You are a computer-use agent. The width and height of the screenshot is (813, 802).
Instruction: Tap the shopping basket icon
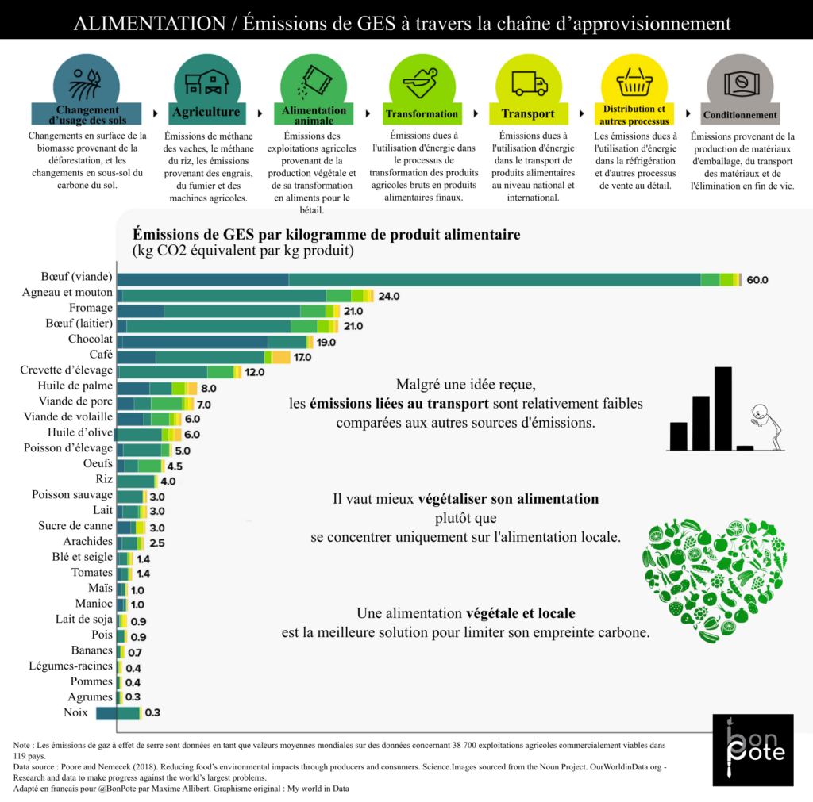pyautogui.click(x=634, y=82)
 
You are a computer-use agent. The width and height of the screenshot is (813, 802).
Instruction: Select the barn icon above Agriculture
pyautogui.click(x=206, y=82)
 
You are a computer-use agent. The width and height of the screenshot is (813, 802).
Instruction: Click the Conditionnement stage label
pyautogui.click(x=740, y=115)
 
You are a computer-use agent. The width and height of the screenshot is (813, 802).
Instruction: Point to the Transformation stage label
pyautogui.click(x=422, y=114)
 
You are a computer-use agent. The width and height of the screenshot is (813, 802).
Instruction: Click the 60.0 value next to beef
pyautogui.click(x=757, y=280)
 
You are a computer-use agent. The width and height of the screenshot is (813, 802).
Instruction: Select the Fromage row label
pyautogui.click(x=90, y=309)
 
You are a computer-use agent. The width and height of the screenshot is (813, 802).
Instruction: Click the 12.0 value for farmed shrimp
pyautogui.click(x=254, y=372)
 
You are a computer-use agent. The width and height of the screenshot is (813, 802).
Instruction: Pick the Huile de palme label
pyautogui.click(x=79, y=386)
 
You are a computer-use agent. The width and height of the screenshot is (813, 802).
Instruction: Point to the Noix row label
pyautogui.click(x=75, y=712)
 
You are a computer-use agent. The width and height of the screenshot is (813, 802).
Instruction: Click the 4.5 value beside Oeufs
pyautogui.click(x=175, y=466)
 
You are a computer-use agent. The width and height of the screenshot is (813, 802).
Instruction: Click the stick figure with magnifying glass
pyautogui.click(x=765, y=428)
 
